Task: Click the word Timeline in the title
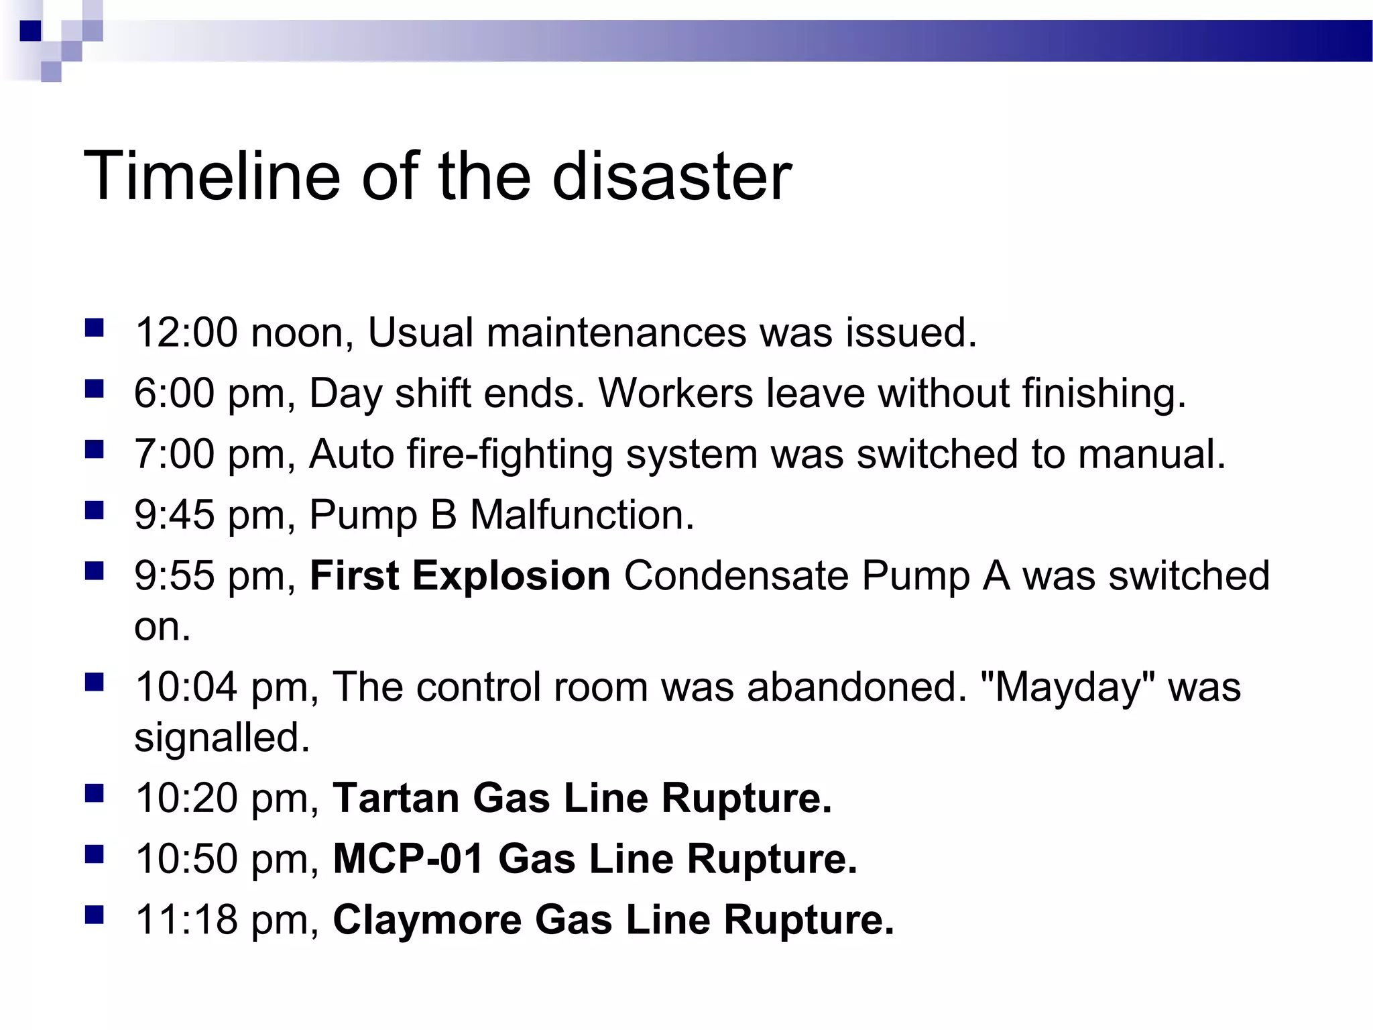pyautogui.click(x=212, y=176)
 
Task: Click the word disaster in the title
pyautogui.click(x=672, y=176)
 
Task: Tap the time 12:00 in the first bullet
pyautogui.click(x=186, y=333)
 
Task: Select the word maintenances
pyautogui.click(x=615, y=333)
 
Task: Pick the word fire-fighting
pyautogui.click(x=510, y=455)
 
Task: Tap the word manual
pyautogui.click(x=1151, y=454)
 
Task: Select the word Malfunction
pyautogui.click(x=582, y=515)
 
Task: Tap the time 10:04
pyautogui.click(x=186, y=687)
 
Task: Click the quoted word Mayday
pyautogui.click(x=1067, y=687)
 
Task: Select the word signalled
pyautogui.click(x=221, y=738)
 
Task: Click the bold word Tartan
pyautogui.click(x=396, y=798)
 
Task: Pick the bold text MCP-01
pyautogui.click(x=408, y=859)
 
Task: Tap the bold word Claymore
pyautogui.click(x=427, y=919)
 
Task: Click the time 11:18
pyautogui.click(x=186, y=919)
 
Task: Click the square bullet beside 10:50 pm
pyautogui.click(x=95, y=855)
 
